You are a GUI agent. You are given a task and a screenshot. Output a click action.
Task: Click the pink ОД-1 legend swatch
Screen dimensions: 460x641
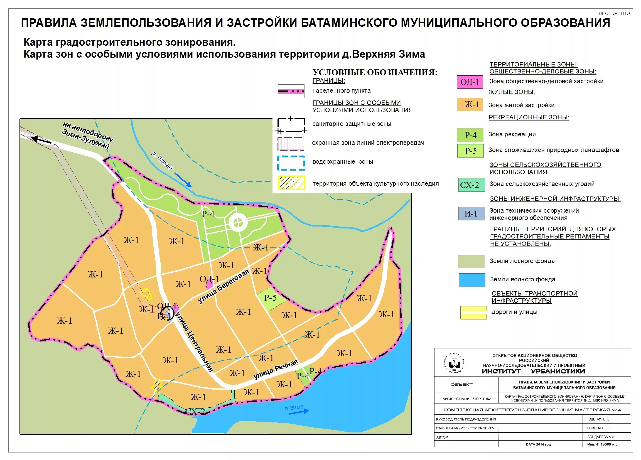point(470,82)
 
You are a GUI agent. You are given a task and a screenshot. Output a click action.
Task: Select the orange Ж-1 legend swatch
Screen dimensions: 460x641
point(470,104)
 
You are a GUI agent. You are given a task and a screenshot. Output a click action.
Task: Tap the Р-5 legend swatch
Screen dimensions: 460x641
point(470,151)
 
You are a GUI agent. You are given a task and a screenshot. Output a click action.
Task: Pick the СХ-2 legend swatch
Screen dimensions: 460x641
point(471,185)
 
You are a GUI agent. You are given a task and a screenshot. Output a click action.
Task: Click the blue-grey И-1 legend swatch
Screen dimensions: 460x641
point(471,214)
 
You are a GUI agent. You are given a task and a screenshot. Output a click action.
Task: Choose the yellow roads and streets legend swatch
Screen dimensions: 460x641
point(473,313)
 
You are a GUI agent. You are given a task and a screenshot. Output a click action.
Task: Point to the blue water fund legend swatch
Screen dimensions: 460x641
point(472,280)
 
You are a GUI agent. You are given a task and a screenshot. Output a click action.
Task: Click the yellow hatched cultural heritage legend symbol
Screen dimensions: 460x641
point(291,183)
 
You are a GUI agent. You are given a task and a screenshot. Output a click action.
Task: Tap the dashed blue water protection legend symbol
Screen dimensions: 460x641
point(291,163)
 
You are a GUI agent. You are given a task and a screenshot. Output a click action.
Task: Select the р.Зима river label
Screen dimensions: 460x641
point(294,408)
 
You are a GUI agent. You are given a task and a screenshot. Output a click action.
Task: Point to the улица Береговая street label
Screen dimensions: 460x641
point(224,286)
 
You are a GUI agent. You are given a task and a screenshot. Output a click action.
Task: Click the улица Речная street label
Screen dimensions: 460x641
point(276,369)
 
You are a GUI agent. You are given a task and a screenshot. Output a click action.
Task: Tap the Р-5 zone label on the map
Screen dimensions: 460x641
point(270,298)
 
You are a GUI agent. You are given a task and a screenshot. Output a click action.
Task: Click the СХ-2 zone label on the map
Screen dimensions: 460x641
point(195,412)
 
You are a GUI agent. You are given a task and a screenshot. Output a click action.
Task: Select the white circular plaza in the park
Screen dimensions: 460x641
point(238,223)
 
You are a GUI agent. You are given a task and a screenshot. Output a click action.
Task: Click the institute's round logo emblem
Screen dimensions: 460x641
point(455,363)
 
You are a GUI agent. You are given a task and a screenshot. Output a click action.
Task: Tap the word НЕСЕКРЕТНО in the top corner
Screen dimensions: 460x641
point(614,14)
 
